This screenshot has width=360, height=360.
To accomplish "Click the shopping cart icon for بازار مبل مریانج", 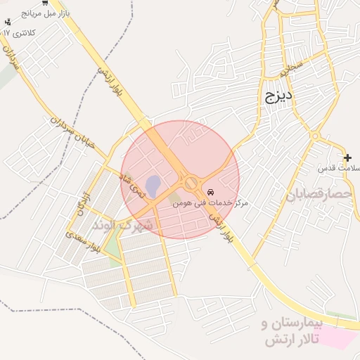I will tap(6, 13).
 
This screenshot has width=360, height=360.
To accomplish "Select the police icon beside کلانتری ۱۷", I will tap(8, 22).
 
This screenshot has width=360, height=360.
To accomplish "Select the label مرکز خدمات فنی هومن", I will tap(211, 202).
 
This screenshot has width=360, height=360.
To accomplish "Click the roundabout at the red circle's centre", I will tap(191, 183).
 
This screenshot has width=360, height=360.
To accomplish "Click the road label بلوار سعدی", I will tap(85, 240).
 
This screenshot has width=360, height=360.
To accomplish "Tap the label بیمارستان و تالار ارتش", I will tap(290, 333).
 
